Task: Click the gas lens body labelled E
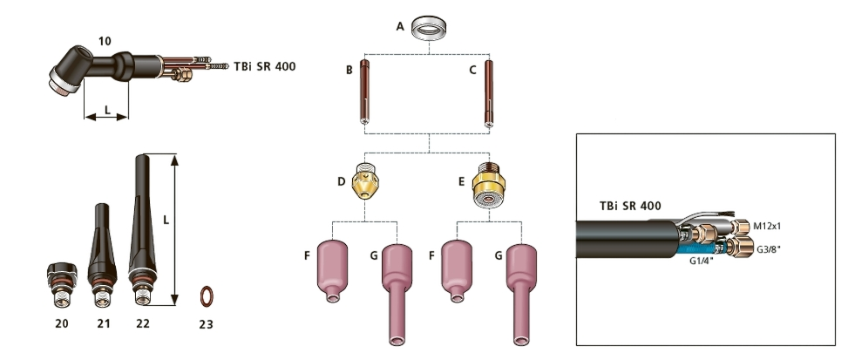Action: (x=490, y=183)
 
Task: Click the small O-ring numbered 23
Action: (x=206, y=296)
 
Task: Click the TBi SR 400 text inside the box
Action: (x=629, y=207)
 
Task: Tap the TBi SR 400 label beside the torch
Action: (x=264, y=66)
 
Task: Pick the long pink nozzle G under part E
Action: (x=521, y=292)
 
